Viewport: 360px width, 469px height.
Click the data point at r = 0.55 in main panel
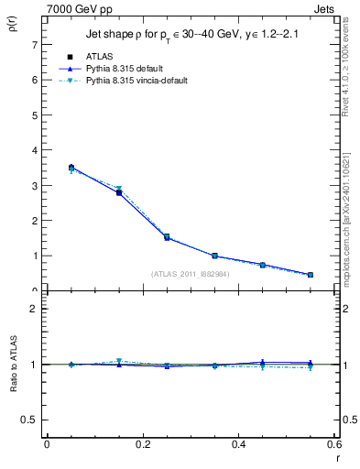point(311,275)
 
